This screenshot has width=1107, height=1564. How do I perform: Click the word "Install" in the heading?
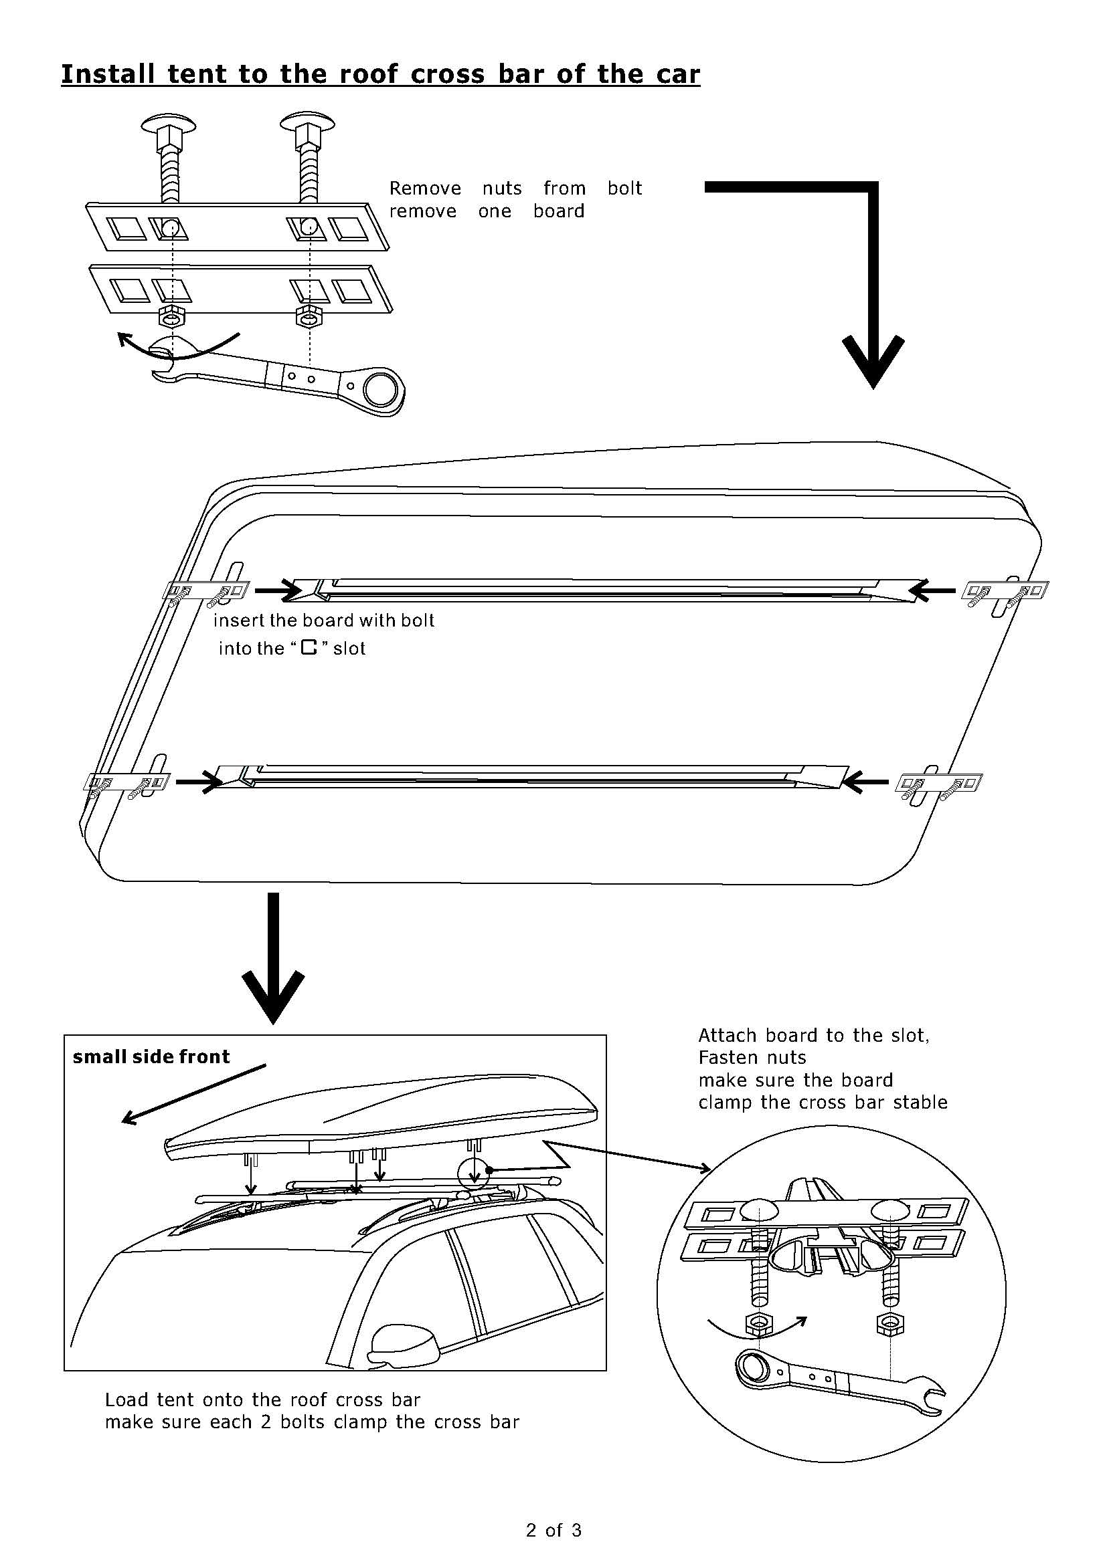pos(108,74)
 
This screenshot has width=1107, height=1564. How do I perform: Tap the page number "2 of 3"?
pos(553,1530)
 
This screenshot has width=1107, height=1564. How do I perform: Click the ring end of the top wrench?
pos(379,390)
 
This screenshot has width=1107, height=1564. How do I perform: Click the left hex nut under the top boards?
pos(171,316)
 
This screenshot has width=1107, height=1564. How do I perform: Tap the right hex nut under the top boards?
pos(309,316)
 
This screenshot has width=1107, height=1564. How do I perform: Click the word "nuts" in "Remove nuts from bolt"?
pos(502,188)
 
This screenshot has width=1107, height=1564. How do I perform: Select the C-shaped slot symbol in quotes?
pos(310,648)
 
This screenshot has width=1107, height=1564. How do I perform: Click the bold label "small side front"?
pos(151,1056)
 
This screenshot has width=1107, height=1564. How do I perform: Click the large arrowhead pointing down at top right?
pos(873,361)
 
